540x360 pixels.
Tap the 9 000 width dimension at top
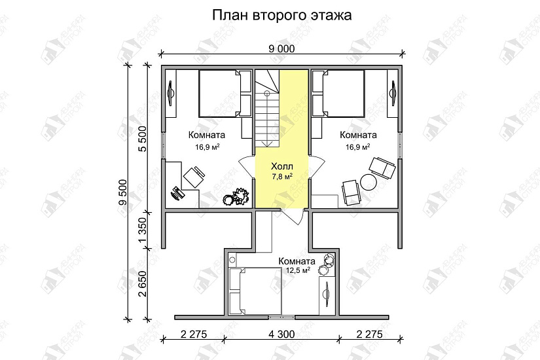[x=281, y=47]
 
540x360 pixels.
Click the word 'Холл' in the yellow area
[x=281, y=166]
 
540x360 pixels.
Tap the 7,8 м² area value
[x=281, y=177]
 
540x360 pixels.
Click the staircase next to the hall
[x=268, y=108]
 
